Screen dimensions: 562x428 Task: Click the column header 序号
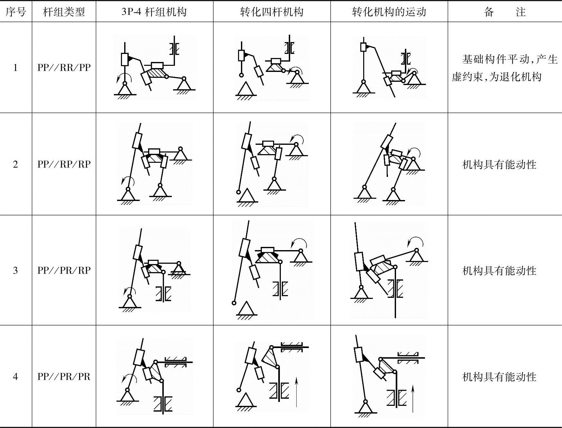[x=15, y=12]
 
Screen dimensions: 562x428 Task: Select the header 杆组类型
[x=64, y=12]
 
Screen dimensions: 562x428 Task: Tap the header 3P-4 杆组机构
[x=154, y=12]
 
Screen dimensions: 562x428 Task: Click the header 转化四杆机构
[x=272, y=12]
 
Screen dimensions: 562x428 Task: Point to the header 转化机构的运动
[x=389, y=12]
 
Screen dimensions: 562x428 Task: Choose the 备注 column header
[x=504, y=12]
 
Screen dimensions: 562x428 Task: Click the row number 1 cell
[x=15, y=67]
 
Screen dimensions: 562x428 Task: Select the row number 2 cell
[x=15, y=164]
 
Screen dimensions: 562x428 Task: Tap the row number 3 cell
[x=15, y=270]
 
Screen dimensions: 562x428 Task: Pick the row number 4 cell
[x=15, y=376]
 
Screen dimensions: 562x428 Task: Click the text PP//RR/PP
[x=64, y=67]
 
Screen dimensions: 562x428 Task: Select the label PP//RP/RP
[x=64, y=164]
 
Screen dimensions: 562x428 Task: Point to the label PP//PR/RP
[x=64, y=270]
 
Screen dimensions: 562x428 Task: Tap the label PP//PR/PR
[x=64, y=376]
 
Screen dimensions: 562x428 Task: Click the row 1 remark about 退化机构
[x=504, y=68]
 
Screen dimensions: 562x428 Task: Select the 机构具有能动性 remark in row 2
[x=499, y=164]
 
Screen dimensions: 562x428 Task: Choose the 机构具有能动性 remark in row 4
[x=499, y=377]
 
